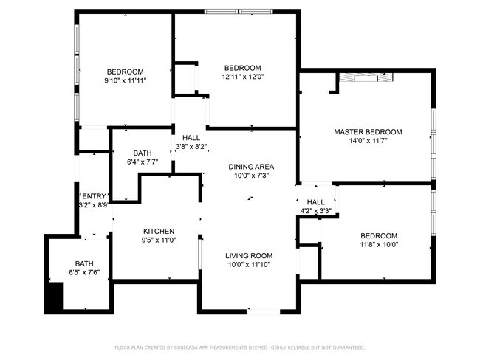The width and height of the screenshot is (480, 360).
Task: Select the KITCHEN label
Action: click(158, 231)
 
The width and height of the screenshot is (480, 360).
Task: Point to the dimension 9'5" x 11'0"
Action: click(158, 240)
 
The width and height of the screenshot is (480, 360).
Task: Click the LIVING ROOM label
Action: click(249, 255)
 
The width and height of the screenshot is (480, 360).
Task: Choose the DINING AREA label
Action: click(251, 167)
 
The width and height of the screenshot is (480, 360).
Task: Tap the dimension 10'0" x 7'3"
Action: click(251, 176)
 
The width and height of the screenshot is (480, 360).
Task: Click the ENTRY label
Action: click(94, 195)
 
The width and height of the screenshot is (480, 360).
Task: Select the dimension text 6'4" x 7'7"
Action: click(143, 162)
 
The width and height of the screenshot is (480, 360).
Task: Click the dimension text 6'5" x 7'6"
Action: click(84, 272)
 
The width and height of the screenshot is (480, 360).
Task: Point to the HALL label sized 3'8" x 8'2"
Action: click(191, 137)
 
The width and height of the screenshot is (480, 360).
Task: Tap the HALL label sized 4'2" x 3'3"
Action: click(315, 202)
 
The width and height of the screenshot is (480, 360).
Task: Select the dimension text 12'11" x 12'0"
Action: click(242, 77)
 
